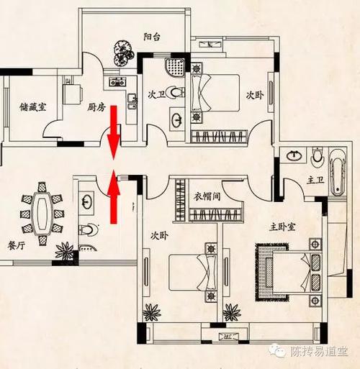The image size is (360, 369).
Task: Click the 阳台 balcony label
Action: [x=152, y=37]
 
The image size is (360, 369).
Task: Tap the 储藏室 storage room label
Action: [x=33, y=107]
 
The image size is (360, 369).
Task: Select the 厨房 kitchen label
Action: [x=96, y=108]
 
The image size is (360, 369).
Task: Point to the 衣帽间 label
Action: [x=207, y=196]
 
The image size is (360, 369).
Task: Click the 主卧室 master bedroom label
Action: [x=282, y=227]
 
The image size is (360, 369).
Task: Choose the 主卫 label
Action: [x=315, y=180]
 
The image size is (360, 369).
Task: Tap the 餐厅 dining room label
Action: [x=17, y=245]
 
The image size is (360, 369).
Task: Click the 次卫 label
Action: [x=157, y=95]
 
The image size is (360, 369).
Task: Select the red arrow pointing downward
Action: [x=114, y=132]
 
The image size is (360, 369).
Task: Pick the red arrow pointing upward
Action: [x=114, y=196]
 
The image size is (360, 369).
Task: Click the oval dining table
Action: [x=42, y=214]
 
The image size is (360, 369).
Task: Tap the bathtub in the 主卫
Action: [x=338, y=172]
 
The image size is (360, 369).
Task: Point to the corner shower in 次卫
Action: [x=174, y=67]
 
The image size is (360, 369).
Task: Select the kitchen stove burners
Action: [x=117, y=82]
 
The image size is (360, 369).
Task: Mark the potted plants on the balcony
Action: [x=123, y=53]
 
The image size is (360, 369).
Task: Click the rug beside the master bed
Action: [x=271, y=272]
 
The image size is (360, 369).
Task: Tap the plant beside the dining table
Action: [x=64, y=251]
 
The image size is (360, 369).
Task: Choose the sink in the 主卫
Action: [x=294, y=155]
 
